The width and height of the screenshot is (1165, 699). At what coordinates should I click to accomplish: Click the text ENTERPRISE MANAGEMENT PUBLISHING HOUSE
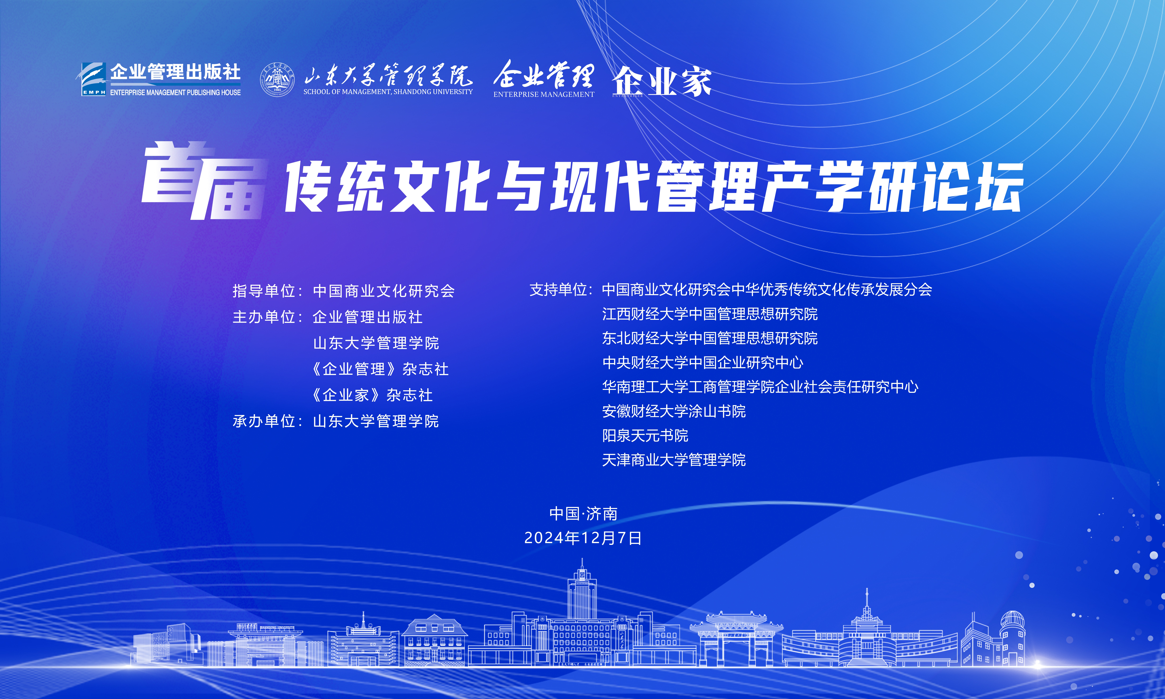tap(175, 92)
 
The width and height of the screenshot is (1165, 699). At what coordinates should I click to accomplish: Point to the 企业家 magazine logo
tap(662, 81)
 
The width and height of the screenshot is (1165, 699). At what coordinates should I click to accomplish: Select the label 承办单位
tap(264, 421)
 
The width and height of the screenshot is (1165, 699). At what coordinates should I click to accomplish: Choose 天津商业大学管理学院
tap(674, 460)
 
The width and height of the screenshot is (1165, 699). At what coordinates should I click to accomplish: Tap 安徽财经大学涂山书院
tap(674, 411)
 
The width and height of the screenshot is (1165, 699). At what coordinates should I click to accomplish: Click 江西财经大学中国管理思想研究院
tap(710, 314)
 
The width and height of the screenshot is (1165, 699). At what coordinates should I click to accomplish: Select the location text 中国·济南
tap(583, 513)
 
